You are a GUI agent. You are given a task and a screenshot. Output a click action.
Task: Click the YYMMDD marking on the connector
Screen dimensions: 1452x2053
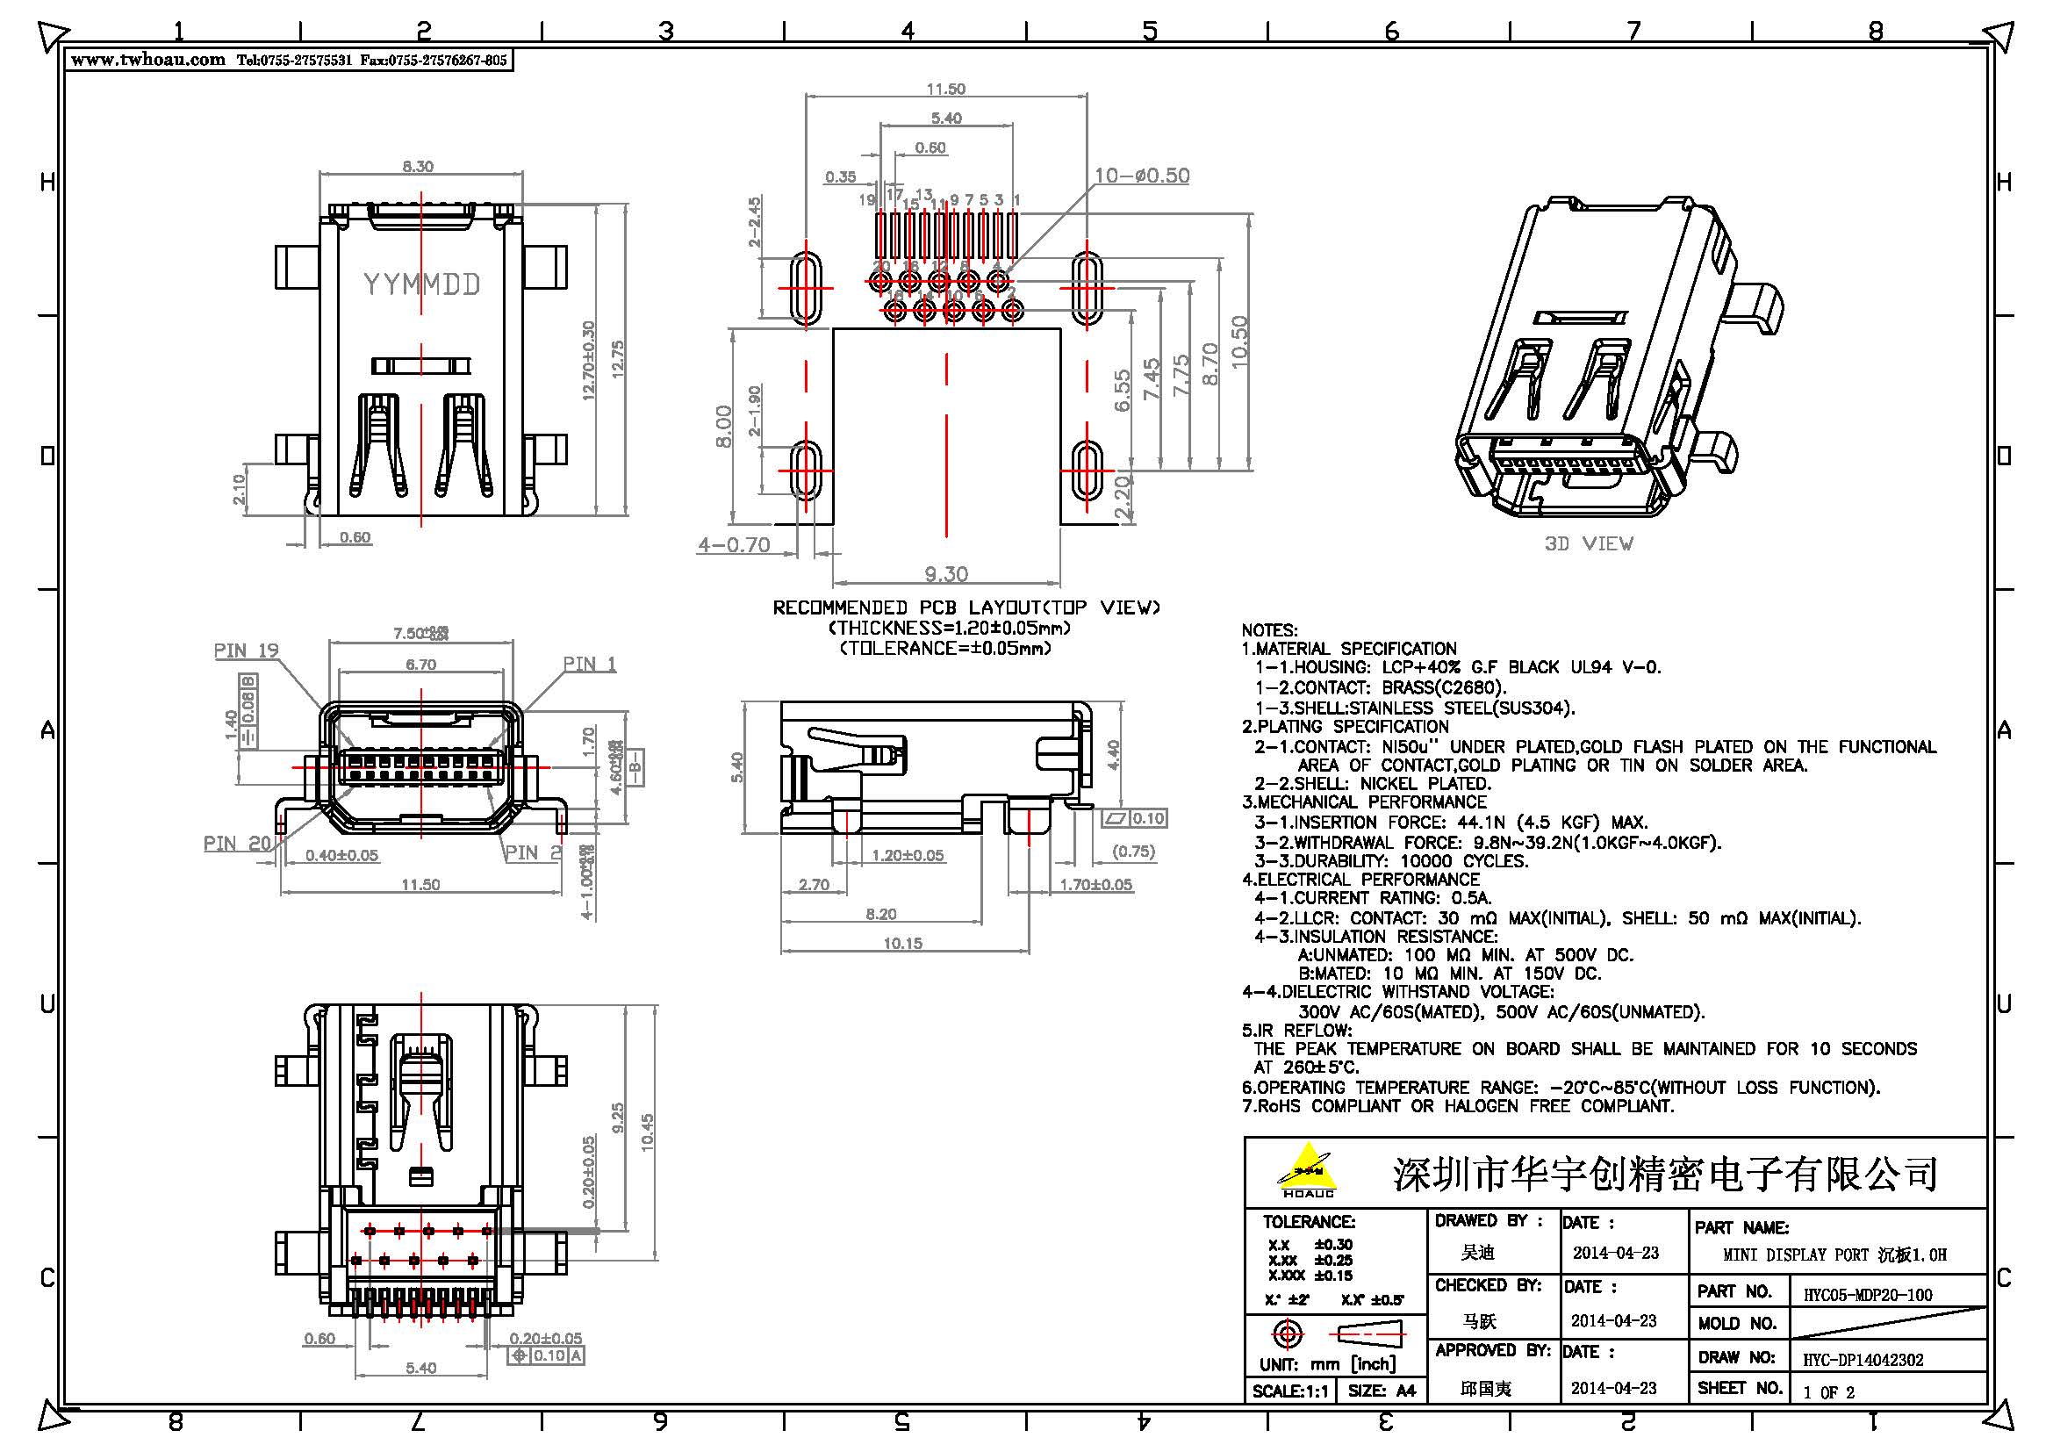click(x=421, y=284)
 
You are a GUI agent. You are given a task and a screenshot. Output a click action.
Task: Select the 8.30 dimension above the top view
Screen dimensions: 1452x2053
click(x=418, y=166)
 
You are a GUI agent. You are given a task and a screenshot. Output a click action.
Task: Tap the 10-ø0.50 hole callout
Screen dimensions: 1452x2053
click(x=1142, y=176)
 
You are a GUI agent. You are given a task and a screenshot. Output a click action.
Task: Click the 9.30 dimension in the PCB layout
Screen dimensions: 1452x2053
click(x=946, y=574)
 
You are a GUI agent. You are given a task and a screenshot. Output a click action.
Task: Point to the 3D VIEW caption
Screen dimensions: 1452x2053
click(x=1588, y=543)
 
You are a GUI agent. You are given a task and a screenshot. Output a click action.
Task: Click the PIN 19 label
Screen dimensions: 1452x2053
click(x=247, y=650)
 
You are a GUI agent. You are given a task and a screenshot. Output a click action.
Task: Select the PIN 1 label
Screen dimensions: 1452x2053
click(x=589, y=664)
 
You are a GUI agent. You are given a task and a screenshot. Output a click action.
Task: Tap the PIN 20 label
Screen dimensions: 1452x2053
click(x=237, y=843)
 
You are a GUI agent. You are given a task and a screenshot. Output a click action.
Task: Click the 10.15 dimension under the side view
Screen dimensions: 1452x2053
click(x=902, y=943)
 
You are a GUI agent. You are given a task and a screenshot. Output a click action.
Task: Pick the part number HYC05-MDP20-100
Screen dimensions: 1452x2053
click(x=1867, y=1295)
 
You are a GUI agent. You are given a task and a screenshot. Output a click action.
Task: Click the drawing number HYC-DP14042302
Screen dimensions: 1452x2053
click(x=1863, y=1360)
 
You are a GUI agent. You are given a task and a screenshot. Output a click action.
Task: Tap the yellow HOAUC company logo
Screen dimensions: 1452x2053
click(x=1308, y=1169)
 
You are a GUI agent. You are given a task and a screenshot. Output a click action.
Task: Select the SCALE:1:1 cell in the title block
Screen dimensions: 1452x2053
click(x=1289, y=1391)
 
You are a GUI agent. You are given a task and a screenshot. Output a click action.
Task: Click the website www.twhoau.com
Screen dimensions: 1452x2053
click(x=147, y=60)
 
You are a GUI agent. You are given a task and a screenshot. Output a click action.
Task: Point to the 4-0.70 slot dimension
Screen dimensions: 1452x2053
click(x=734, y=544)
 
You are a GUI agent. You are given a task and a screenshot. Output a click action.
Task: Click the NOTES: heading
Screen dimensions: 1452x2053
click(x=1269, y=630)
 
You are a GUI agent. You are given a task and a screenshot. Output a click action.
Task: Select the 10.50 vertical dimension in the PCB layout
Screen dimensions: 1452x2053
click(x=1239, y=341)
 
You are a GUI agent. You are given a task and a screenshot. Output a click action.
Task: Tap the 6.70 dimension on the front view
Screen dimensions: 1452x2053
click(x=420, y=665)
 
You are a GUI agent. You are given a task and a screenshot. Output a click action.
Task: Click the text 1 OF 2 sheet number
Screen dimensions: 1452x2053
click(x=1828, y=1392)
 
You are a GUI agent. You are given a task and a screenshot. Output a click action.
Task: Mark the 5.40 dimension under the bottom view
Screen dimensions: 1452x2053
click(x=420, y=1368)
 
